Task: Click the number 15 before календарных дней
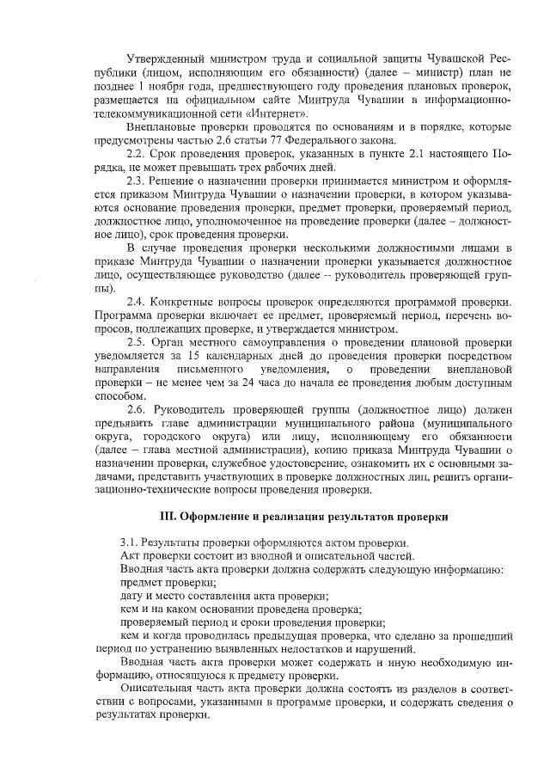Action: (x=196, y=356)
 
